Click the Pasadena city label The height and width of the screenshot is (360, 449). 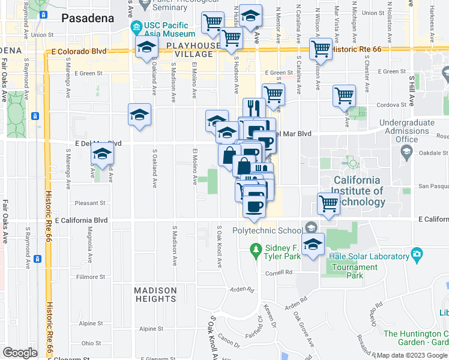(x=88, y=18)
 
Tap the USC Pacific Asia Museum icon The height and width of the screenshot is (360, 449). (x=137, y=27)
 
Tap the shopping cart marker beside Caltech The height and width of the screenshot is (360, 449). (x=328, y=204)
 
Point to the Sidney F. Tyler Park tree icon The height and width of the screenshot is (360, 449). (x=256, y=248)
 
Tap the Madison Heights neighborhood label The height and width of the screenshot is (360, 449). (x=155, y=295)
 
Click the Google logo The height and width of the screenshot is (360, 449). (x=20, y=353)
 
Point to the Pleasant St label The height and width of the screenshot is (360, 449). (x=91, y=203)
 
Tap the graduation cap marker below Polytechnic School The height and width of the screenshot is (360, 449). (x=313, y=244)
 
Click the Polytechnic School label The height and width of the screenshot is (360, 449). (x=267, y=230)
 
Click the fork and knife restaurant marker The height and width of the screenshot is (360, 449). (x=255, y=109)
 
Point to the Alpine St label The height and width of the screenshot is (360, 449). (x=151, y=329)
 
